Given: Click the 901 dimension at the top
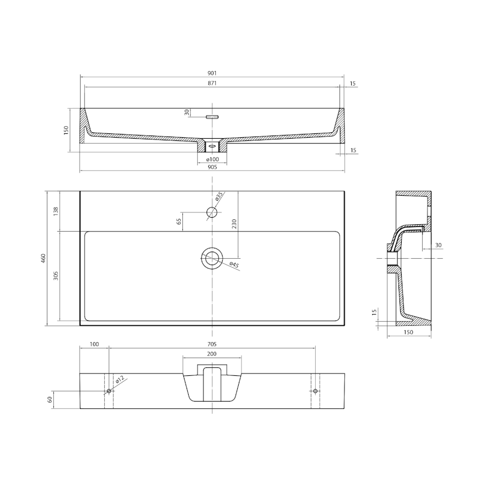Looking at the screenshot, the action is pyautogui.click(x=212, y=73).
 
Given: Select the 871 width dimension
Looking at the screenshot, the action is pyautogui.click(x=212, y=83).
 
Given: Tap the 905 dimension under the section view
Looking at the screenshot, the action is pyautogui.click(x=212, y=167).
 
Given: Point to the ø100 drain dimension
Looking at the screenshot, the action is pyautogui.click(x=212, y=159).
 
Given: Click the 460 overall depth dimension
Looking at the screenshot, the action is pyautogui.click(x=44, y=258).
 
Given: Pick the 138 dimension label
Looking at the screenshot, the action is pyautogui.click(x=56, y=211).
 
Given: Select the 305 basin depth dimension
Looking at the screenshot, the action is pyautogui.click(x=56, y=276).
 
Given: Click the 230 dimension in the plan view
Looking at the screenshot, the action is pyautogui.click(x=234, y=224).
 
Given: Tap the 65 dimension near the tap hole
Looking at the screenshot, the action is pyautogui.click(x=179, y=222).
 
